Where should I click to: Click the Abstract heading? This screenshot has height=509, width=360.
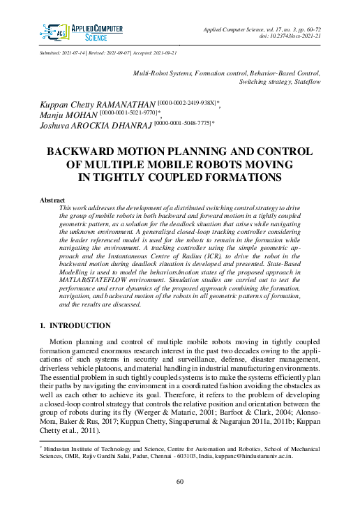coord(53,200)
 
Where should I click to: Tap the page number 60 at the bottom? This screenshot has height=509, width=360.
coord(179,481)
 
